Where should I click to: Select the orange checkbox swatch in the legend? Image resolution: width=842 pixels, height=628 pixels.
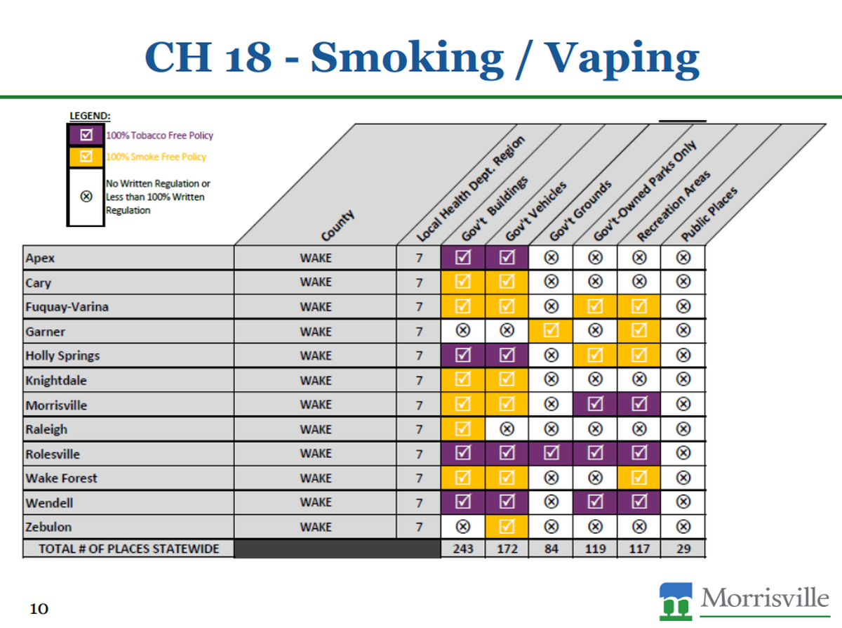(x=86, y=157)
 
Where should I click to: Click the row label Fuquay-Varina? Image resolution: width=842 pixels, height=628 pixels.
(x=67, y=307)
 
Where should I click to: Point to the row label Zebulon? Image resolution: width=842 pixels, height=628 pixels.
(x=49, y=527)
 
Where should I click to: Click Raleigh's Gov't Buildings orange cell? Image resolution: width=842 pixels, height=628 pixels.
(x=463, y=429)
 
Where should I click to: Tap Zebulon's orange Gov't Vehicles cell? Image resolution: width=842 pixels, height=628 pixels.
(x=507, y=527)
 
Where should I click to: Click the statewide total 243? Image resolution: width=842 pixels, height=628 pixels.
(x=463, y=549)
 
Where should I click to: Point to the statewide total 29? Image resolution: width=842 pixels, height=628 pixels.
(x=683, y=549)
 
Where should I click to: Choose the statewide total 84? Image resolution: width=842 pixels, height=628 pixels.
(x=552, y=549)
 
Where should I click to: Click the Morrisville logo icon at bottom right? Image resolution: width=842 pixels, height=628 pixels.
(x=676, y=602)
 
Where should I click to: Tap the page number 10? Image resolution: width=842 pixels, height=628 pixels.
(x=39, y=608)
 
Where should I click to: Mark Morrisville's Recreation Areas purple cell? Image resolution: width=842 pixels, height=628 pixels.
(x=639, y=405)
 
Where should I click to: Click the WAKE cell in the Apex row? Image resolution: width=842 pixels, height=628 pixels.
(x=316, y=258)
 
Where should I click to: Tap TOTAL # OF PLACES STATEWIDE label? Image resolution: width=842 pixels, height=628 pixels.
(x=128, y=549)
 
